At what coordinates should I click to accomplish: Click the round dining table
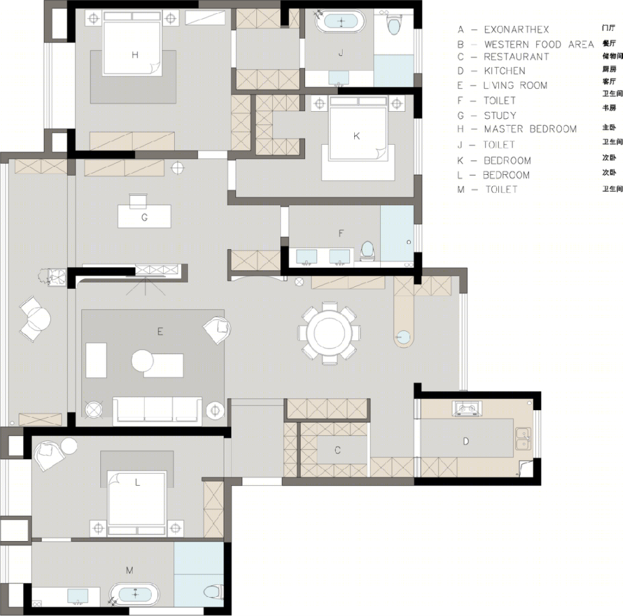click(x=329, y=333)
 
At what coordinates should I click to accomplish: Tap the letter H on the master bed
click(x=135, y=55)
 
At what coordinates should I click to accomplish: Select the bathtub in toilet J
click(x=340, y=22)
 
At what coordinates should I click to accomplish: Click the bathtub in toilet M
click(x=134, y=594)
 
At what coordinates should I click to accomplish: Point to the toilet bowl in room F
click(x=367, y=251)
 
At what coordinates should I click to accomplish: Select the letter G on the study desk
click(x=145, y=217)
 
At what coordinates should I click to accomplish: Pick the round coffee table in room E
click(x=142, y=360)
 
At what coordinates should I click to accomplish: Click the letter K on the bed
click(x=356, y=136)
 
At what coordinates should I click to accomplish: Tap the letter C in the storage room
click(x=337, y=450)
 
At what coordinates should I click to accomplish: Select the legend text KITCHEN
click(x=505, y=71)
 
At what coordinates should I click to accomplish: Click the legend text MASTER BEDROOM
click(x=531, y=129)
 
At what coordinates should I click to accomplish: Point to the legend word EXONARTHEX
click(x=516, y=29)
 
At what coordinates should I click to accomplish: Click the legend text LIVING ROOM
click(x=515, y=85)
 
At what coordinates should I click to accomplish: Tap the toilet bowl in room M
click(x=213, y=592)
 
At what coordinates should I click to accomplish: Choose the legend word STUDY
click(x=500, y=115)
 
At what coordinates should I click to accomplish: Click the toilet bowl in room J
click(x=393, y=25)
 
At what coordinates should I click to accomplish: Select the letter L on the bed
click(x=137, y=482)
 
